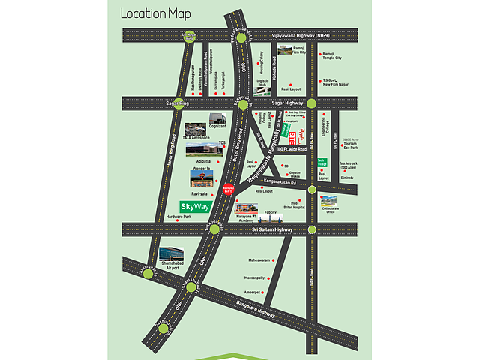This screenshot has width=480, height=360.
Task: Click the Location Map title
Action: click(x=156, y=13)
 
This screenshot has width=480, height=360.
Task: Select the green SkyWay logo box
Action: click(x=195, y=205)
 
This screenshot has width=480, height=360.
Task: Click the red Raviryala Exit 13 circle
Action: click(x=230, y=190)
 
